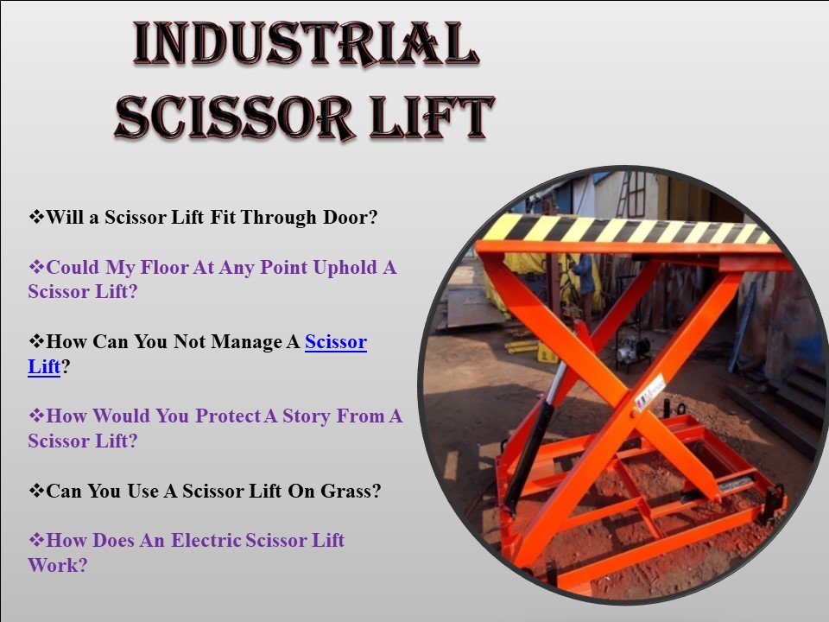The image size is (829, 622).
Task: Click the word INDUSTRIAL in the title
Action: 306,44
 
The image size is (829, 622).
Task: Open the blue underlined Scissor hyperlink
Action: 336,342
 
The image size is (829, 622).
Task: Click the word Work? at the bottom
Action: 57,566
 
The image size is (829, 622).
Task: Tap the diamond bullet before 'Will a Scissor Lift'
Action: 36,217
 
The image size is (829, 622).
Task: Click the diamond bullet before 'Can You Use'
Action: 36,491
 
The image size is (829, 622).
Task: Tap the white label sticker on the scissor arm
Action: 649,394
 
